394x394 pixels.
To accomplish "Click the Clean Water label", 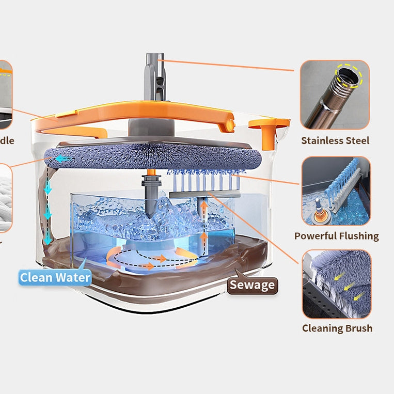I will [x=55, y=277].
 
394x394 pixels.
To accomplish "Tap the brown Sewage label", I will [x=253, y=285].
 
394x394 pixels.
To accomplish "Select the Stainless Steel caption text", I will [x=335, y=140].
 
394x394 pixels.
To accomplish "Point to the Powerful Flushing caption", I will [x=336, y=236].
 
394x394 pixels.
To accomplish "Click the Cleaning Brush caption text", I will [x=337, y=328].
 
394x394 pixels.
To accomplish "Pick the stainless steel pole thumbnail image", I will [x=335, y=94].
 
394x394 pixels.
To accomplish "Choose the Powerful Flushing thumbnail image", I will [x=336, y=191].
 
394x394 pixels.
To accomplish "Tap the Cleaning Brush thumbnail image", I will [x=336, y=284].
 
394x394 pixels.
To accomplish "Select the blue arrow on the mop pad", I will [x=63, y=159].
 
